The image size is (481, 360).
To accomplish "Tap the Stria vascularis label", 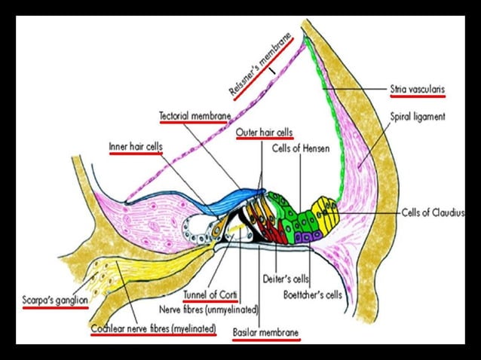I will point(417,88).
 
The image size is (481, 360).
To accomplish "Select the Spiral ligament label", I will point(418,117).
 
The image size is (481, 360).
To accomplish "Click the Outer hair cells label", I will point(265,133).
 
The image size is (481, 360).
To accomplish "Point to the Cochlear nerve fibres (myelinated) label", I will point(153,329).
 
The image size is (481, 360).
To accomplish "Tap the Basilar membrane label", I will point(265,332).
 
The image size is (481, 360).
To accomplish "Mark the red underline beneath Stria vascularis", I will point(417,96).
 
